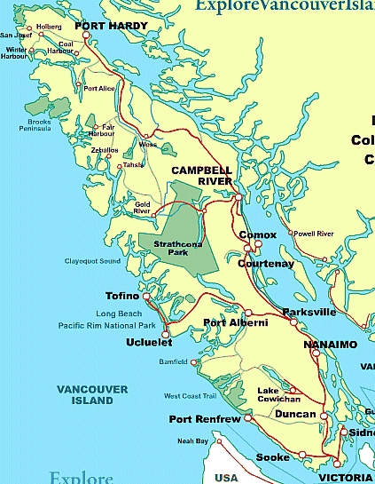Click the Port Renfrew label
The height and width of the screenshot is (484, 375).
tap(204, 419)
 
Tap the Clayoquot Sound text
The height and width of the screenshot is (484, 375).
tap(92, 261)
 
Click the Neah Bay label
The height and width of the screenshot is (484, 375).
tap(192, 440)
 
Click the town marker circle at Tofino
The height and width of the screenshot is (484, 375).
tap(146, 296)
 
